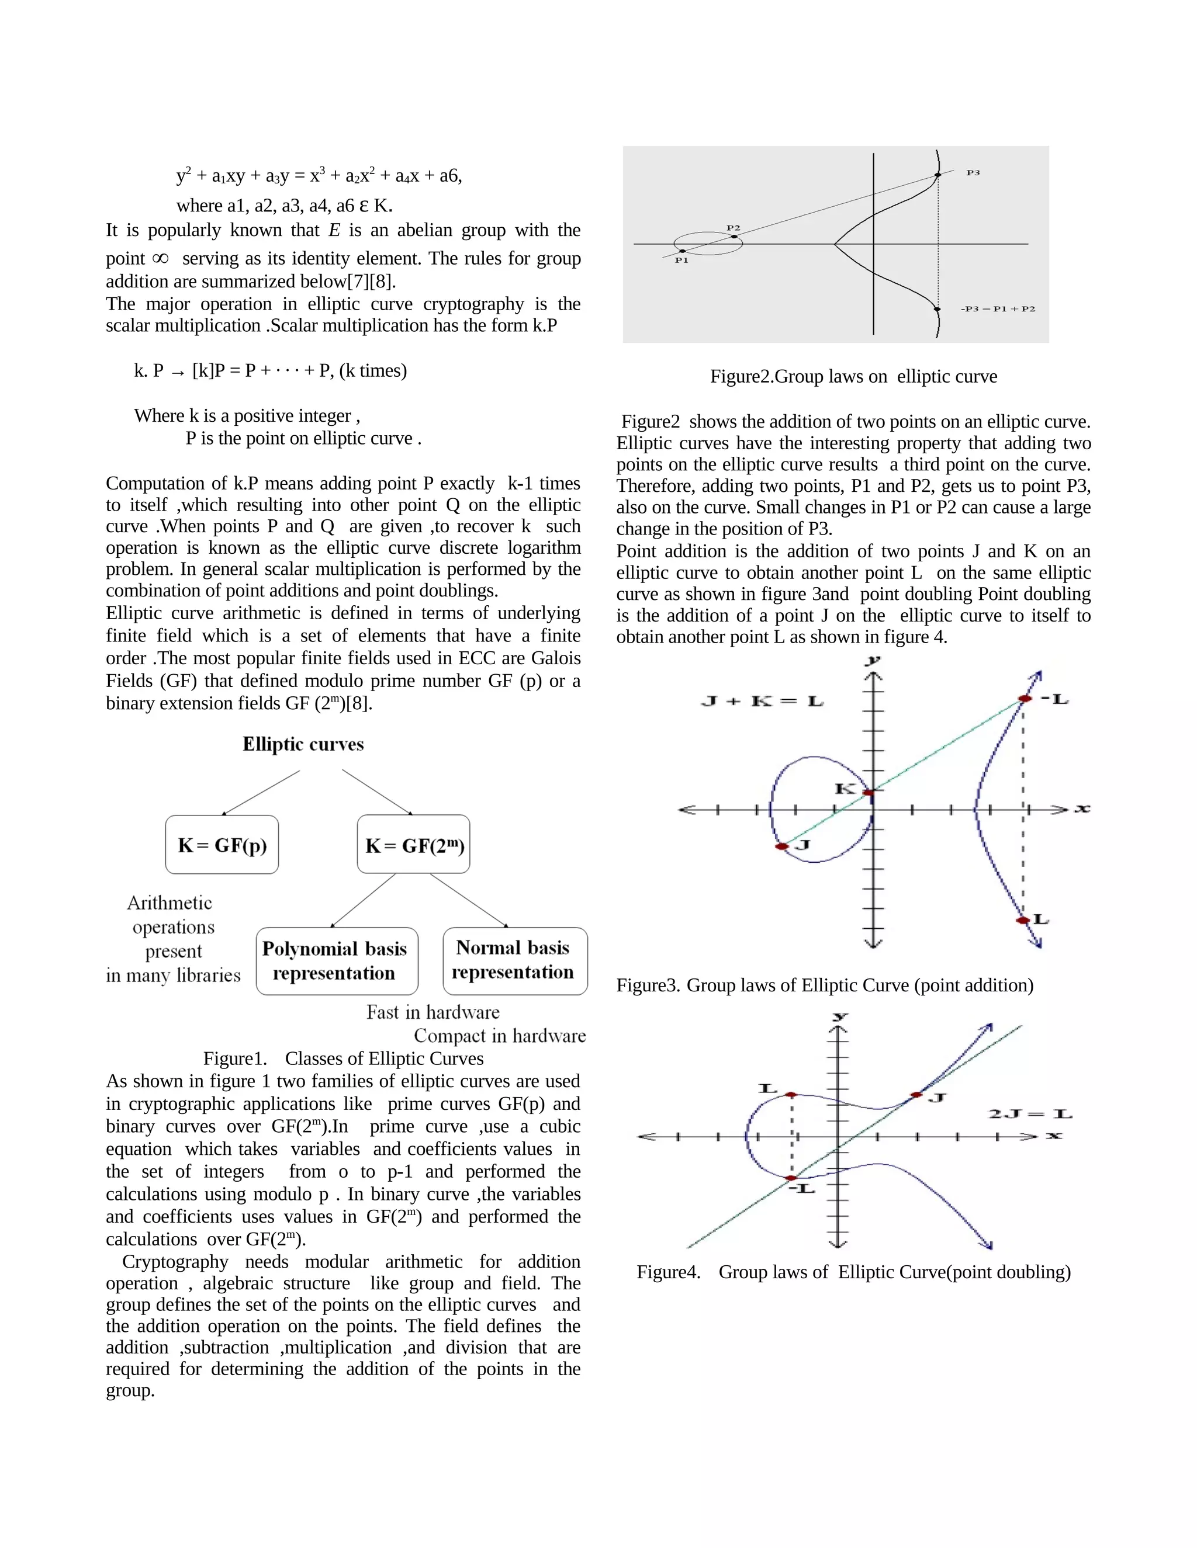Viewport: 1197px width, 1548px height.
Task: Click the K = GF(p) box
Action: pyautogui.click(x=222, y=844)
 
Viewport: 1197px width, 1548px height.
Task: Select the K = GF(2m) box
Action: pyautogui.click(x=413, y=844)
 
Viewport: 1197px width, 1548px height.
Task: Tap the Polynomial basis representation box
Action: pyautogui.click(x=337, y=961)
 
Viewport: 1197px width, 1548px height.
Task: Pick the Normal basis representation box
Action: pyautogui.click(x=515, y=960)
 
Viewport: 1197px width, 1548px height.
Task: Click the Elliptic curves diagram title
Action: pyautogui.click(x=303, y=744)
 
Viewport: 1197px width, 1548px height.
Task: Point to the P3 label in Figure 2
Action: pyautogui.click(x=973, y=173)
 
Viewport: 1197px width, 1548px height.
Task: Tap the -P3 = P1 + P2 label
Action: pyautogui.click(x=998, y=309)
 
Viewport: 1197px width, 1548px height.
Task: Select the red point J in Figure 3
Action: pyautogui.click(x=782, y=846)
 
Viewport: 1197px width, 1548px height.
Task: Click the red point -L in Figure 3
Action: pyautogui.click(x=1025, y=699)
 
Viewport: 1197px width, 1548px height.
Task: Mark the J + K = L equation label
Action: pyautogui.click(x=762, y=702)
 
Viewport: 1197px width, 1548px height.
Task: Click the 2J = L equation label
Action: pyautogui.click(x=1030, y=1114)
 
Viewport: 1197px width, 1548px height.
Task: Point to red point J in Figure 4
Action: pyautogui.click(x=917, y=1095)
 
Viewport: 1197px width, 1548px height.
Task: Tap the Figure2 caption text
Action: pyautogui.click(x=853, y=376)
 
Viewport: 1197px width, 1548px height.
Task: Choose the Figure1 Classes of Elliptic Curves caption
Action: pyautogui.click(x=343, y=1058)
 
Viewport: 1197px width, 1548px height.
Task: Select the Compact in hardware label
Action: pyautogui.click(x=500, y=1036)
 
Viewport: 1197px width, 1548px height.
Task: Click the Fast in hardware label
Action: pyautogui.click(x=433, y=1012)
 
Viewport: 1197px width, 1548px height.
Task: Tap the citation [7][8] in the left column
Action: pyautogui.click(x=369, y=282)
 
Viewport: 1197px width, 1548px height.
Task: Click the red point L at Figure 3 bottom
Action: pyautogui.click(x=1023, y=920)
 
